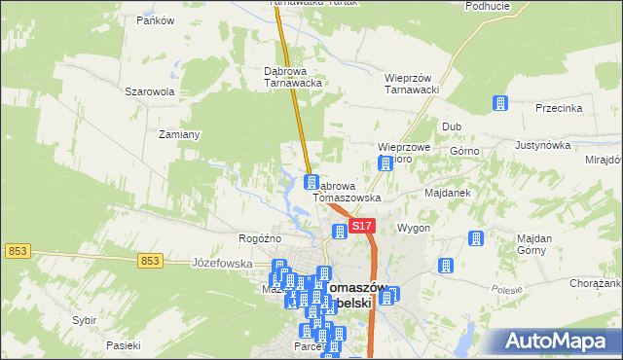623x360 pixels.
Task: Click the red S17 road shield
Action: coord(361,226)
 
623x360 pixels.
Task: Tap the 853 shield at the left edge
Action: coord(17,251)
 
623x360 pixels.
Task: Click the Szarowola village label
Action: coord(149,92)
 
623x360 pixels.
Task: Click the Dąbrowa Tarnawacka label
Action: coord(293,77)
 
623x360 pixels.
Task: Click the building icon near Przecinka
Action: coord(501,103)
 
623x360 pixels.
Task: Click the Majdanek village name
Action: coord(448,193)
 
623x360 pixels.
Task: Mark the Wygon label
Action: coord(414,228)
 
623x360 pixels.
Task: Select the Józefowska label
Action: coord(223,264)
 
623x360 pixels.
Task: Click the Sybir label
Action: coord(86,319)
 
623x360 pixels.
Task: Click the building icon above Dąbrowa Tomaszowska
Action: coord(311,182)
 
